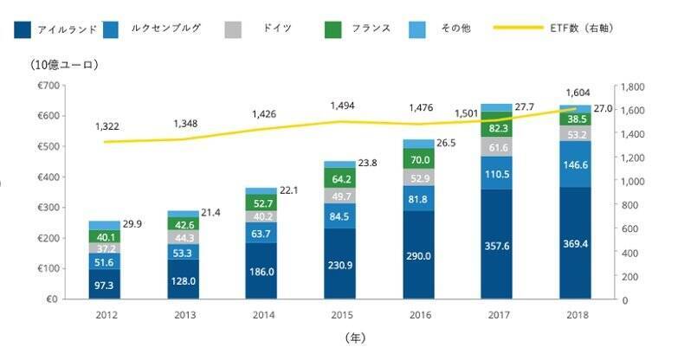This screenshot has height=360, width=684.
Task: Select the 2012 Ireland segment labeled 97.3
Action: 105,284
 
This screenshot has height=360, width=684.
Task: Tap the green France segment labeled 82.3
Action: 497,128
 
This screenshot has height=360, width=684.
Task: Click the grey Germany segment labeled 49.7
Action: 339,196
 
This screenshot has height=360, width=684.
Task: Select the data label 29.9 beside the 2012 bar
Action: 137,223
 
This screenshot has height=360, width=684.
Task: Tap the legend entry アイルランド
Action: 55,29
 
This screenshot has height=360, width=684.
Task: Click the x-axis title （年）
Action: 356,336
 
